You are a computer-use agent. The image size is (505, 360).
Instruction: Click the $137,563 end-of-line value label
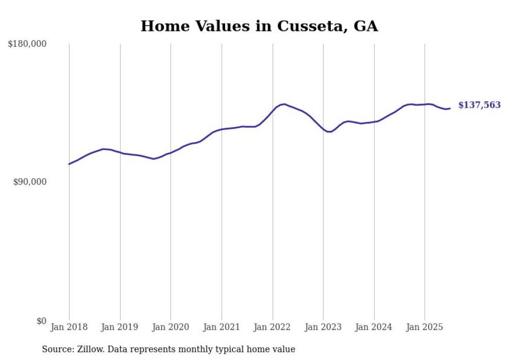coord(479,105)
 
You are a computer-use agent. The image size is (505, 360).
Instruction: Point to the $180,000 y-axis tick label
coord(27,44)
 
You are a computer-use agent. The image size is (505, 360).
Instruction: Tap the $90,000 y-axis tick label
coord(29,182)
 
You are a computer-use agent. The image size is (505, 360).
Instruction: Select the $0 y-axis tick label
coord(41,321)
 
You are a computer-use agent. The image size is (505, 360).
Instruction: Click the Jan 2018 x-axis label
coord(69,327)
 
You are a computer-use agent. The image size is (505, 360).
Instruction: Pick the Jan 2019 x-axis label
coord(120,327)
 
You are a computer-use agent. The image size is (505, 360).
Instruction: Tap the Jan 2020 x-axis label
coord(171,327)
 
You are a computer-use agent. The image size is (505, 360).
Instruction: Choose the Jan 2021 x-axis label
coord(222,327)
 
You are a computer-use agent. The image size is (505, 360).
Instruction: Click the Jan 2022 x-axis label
coord(273,327)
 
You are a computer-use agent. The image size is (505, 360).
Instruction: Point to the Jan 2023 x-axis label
coord(323,327)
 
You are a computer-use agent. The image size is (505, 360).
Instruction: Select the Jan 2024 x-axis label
coord(374,327)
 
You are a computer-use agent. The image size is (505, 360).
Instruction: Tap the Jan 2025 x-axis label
coord(425,327)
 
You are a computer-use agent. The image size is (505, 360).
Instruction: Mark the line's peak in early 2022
coord(284,104)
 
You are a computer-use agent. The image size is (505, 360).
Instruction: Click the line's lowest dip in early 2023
coord(329,132)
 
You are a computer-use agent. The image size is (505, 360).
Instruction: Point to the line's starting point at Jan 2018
coord(69,164)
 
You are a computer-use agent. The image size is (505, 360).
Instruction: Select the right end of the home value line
coord(450,108)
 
